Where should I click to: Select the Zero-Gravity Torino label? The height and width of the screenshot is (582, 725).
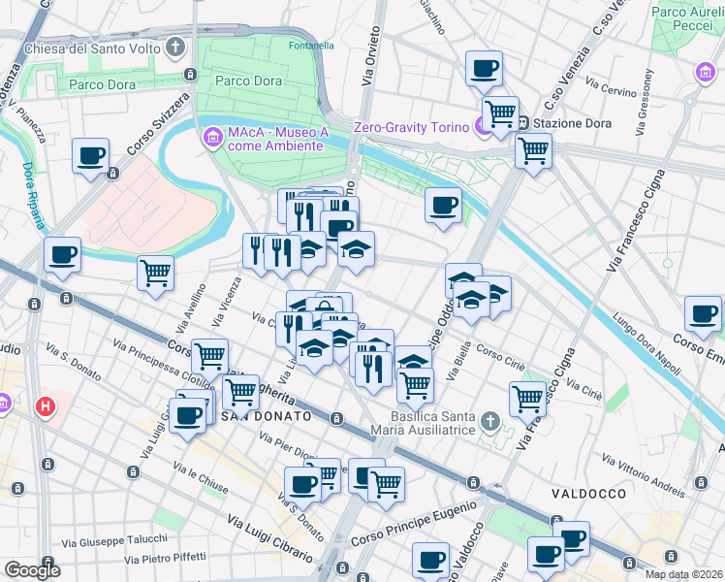tap(411, 126)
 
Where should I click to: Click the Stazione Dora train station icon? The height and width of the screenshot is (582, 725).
tap(521, 123)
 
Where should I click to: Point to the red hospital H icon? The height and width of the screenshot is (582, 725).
tap(43, 405)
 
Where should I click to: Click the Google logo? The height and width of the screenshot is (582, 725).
tap(32, 570)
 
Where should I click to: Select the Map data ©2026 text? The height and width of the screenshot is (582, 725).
tap(683, 574)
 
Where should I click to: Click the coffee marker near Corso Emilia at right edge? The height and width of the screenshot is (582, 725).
tap(703, 312)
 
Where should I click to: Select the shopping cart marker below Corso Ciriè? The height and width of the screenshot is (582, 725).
tap(527, 398)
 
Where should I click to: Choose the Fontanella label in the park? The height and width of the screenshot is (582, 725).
tap(312, 45)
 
